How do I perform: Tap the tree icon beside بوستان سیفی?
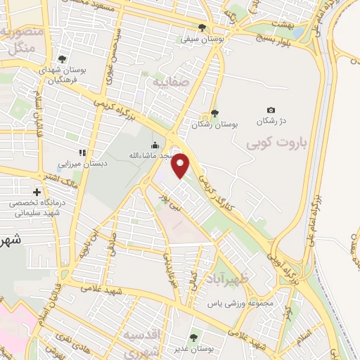[202, 27]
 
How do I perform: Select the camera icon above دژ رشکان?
[271, 110]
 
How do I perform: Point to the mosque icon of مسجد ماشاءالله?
[155, 146]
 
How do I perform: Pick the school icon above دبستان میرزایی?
[82, 151]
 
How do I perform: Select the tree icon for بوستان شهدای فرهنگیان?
[63, 59]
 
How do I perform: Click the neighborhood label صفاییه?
[168, 82]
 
